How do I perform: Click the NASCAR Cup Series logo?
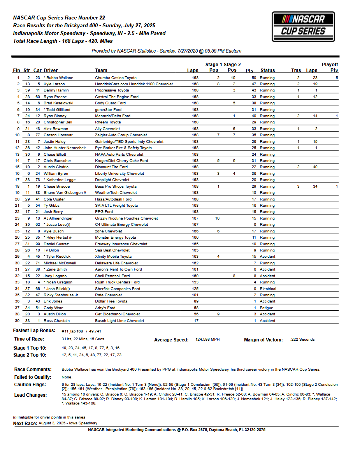pyautogui.click(x=303, y=26)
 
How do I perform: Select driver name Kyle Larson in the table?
pyautogui.click(x=54, y=84)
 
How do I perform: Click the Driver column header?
pyautogui.click(x=51, y=70)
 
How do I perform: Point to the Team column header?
pyautogui.click(x=101, y=70)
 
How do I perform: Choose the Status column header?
pyautogui.click(x=268, y=70)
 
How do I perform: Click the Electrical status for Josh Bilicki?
pyautogui.click(x=268, y=289)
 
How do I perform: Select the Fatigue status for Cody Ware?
pyautogui.click(x=267, y=308)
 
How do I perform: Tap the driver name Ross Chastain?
pyautogui.click(x=56, y=321)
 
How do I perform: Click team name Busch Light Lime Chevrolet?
pyautogui.click(x=119, y=321)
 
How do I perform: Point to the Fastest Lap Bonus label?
pyautogui.click(x=34, y=331)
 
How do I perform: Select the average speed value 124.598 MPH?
pyautogui.click(x=207, y=339)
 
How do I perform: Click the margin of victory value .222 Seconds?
pyautogui.click(x=302, y=339)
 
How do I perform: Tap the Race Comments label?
pyautogui.click(x=33, y=369)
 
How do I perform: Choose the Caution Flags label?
pyautogui.click(x=30, y=385)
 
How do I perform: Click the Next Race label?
pyautogui.click(x=25, y=424)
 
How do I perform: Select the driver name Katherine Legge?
pyautogui.click(x=61, y=180)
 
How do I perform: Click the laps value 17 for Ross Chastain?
pyautogui.click(x=195, y=321)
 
